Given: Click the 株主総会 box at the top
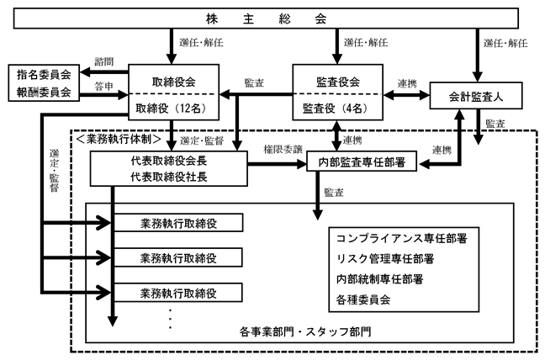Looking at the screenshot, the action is (x=266, y=18).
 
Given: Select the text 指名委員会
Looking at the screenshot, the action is (x=44, y=74).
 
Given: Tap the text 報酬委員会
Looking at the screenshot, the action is (x=44, y=92).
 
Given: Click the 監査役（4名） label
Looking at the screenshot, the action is (x=335, y=109).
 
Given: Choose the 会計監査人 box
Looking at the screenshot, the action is (x=476, y=96).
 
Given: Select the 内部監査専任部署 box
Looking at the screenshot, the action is (x=362, y=161).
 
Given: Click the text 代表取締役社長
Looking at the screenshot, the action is (x=169, y=177).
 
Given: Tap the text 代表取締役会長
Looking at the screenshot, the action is (x=169, y=161).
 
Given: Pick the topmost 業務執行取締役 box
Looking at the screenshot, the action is (x=178, y=223).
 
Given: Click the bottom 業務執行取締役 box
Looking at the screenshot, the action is (x=178, y=293).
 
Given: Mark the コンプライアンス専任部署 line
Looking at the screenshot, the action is (x=402, y=238).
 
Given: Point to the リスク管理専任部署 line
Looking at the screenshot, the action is (x=385, y=258).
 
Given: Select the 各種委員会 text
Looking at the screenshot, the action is (x=363, y=299).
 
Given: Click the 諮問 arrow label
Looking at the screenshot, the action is (x=104, y=61).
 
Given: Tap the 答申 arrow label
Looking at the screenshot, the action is (x=104, y=86).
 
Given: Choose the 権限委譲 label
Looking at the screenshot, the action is (x=283, y=150).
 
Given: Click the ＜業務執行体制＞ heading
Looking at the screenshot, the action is (x=119, y=139).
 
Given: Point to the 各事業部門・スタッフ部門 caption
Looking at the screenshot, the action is (x=305, y=331).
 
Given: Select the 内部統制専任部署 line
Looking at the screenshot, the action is (x=379, y=279).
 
